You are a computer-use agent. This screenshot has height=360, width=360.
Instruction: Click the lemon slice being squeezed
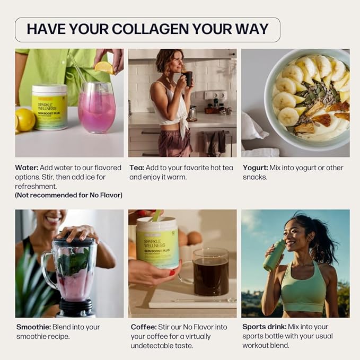[104, 67]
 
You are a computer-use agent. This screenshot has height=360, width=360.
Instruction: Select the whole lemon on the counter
[24, 119]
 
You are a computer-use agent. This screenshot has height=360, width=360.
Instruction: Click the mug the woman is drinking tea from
[188, 78]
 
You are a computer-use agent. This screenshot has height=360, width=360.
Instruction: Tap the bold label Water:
[27, 168]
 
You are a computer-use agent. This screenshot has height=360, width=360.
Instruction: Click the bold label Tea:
[137, 168]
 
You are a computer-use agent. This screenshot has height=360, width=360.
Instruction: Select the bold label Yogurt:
[255, 168]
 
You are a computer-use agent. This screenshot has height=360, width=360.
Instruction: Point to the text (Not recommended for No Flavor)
[69, 195]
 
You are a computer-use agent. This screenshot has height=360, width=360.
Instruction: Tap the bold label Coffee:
[144, 327]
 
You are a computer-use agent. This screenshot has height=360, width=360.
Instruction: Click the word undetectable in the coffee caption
[154, 346]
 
